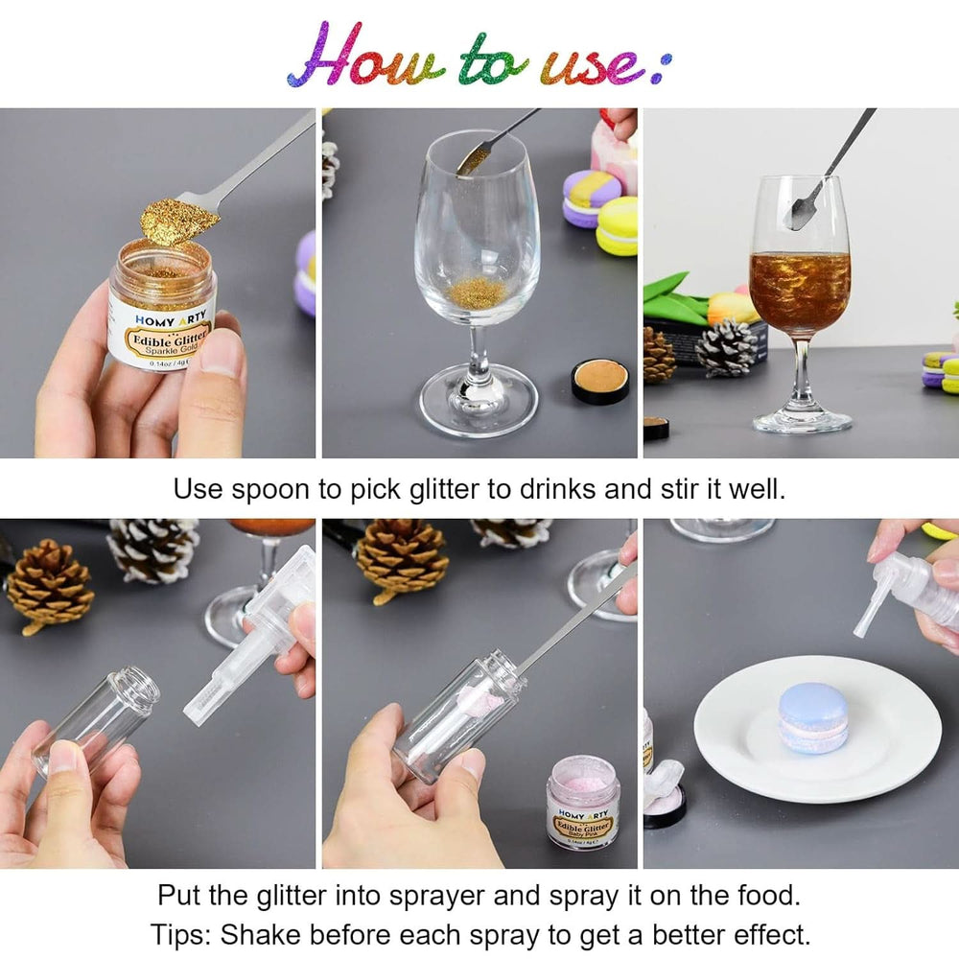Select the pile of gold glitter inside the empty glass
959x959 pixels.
tap(476, 292)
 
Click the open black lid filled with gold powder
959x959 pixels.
tap(600, 381)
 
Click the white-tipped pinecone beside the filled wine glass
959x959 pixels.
tap(726, 347)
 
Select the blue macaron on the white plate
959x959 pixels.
tap(813, 716)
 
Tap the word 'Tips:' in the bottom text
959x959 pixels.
tap(183, 933)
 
